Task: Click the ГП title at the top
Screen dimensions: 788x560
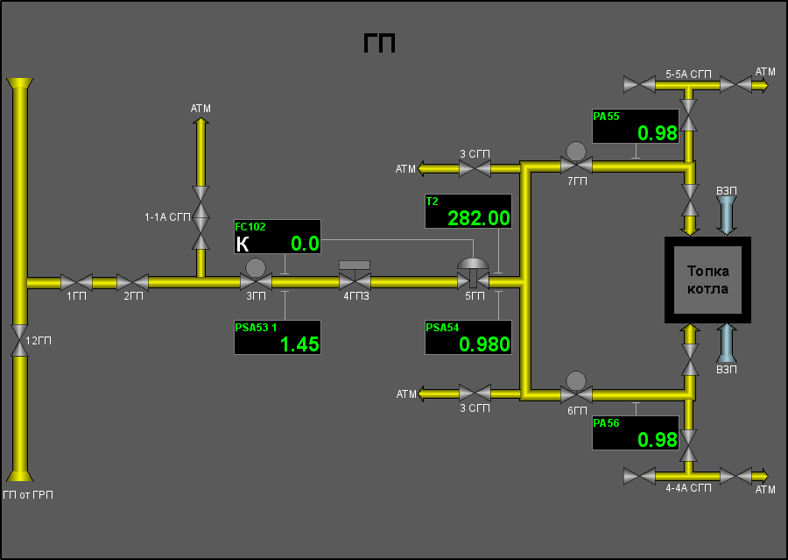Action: (x=379, y=43)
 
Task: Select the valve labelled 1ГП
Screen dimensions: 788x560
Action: (x=76, y=282)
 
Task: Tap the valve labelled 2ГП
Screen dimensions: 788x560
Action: (x=133, y=282)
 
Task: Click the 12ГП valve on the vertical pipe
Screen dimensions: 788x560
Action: (x=19, y=340)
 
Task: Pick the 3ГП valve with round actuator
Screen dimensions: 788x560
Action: (x=256, y=276)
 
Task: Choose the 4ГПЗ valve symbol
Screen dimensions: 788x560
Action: (x=355, y=276)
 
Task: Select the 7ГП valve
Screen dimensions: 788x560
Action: (x=576, y=159)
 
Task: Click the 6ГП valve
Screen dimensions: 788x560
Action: (x=576, y=388)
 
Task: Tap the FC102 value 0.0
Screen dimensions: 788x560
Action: (x=305, y=244)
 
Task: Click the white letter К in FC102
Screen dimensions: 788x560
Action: (x=243, y=245)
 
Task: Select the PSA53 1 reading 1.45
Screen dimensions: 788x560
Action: (x=299, y=344)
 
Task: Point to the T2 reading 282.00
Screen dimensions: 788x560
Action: (x=478, y=218)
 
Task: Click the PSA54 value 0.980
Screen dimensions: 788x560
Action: (x=484, y=344)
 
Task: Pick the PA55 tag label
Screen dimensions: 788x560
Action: (x=606, y=117)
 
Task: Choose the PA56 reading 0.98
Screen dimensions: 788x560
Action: (x=658, y=440)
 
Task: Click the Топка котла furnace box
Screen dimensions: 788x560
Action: (x=707, y=280)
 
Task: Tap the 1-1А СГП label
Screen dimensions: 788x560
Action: (x=167, y=217)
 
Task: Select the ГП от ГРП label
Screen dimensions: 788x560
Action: (x=28, y=495)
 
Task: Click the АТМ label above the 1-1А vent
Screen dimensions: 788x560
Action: (x=201, y=109)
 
